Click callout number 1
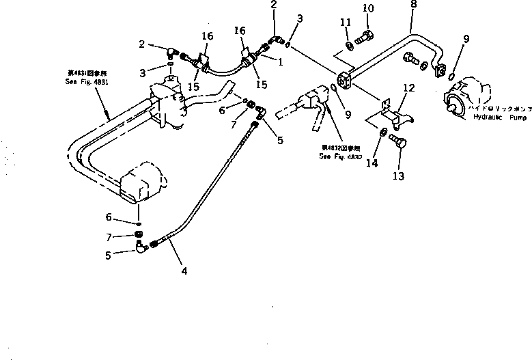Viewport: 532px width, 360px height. click(x=281, y=61)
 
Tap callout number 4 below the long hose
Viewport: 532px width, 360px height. click(x=184, y=271)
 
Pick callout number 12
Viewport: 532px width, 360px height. click(x=408, y=87)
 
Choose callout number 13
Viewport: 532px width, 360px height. click(x=399, y=176)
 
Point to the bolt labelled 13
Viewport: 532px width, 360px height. click(x=397, y=142)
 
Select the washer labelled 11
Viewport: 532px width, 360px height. click(x=348, y=45)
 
